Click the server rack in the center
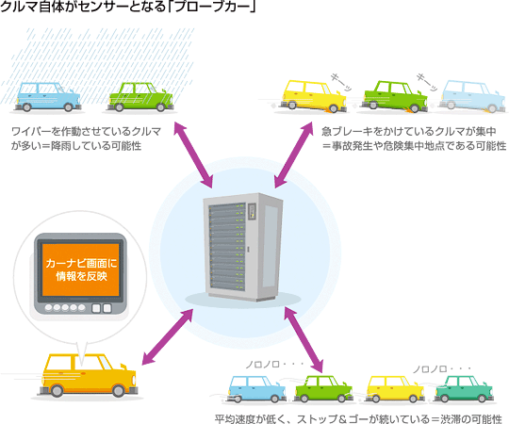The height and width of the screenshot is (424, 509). click(x=243, y=247)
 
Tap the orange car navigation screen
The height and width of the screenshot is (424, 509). click(x=80, y=269)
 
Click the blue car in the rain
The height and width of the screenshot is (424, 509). click(x=47, y=97)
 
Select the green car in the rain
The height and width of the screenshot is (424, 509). click(x=140, y=97)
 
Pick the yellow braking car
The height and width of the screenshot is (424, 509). click(x=313, y=96)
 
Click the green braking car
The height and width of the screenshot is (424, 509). click(x=394, y=96)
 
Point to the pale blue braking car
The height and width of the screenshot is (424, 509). click(x=472, y=96)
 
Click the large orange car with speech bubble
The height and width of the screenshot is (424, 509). click(x=88, y=375)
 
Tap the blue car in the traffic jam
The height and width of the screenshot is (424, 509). click(x=256, y=388)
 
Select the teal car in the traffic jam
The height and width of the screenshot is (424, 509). click(x=464, y=388)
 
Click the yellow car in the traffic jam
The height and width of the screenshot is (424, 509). click(x=395, y=388)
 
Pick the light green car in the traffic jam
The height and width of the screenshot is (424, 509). click(x=323, y=388)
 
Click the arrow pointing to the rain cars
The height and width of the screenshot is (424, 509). click(x=193, y=155)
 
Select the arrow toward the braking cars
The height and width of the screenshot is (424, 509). click(x=293, y=155)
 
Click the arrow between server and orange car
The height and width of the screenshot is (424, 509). click(x=168, y=336)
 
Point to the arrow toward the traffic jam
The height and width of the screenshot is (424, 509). click(x=304, y=339)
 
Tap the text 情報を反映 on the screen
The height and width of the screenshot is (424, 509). click(x=81, y=276)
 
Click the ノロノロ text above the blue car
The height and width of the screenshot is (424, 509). click(x=262, y=365)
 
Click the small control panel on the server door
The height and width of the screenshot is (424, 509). click(x=252, y=212)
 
